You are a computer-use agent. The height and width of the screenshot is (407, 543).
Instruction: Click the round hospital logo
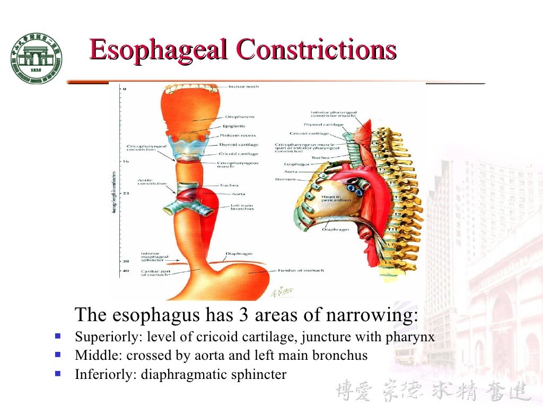pyautogui.click(x=36, y=57)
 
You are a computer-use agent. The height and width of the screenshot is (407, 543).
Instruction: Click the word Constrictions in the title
pyautogui.click(x=316, y=50)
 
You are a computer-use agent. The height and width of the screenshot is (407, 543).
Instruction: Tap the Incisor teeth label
pyautogui.click(x=243, y=86)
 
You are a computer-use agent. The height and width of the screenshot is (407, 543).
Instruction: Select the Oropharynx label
pyautogui.click(x=240, y=117)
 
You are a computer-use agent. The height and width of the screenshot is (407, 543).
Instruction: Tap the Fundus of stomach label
pyautogui.click(x=301, y=270)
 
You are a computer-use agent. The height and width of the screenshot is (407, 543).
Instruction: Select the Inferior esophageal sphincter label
pyautogui.click(x=155, y=257)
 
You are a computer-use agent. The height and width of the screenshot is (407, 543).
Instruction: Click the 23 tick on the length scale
pyautogui.click(x=125, y=193)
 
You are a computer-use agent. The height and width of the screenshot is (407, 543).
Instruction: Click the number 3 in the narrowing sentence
pyautogui.click(x=243, y=315)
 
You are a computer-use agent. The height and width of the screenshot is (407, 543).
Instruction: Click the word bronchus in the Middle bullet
pyautogui.click(x=339, y=356)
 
